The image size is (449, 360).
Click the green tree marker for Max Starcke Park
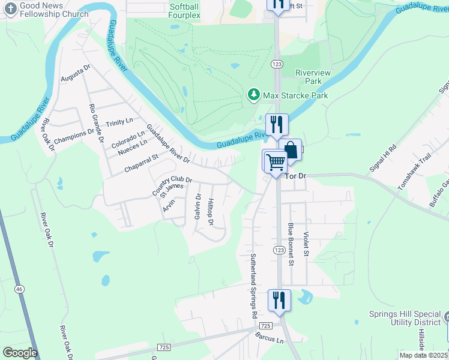254,95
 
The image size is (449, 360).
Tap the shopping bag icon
291,151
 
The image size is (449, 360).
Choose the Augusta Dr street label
75,74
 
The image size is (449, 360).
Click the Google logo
20,353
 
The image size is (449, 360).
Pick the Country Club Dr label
172,186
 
